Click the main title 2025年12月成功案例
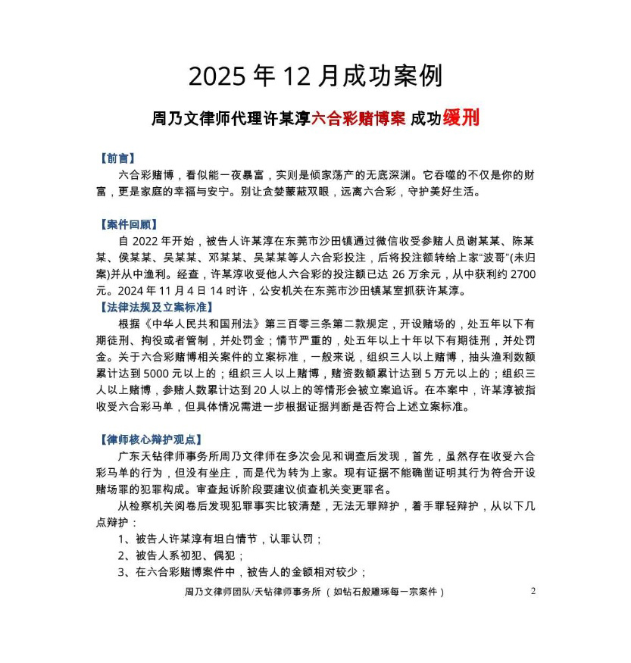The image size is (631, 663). (x=315, y=77)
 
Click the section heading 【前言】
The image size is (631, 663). (x=117, y=159)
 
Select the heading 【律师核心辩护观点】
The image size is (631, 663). (x=150, y=439)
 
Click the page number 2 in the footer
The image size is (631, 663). (x=533, y=591)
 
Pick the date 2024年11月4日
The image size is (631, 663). (x=170, y=291)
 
